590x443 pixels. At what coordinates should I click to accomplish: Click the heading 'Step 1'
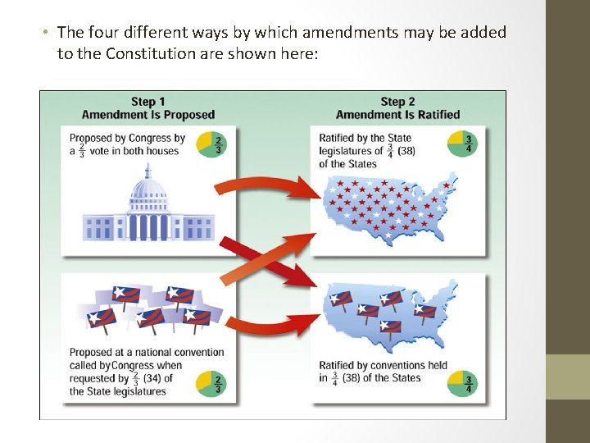coord(147,102)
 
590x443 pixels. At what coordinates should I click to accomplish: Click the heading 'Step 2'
coord(397,102)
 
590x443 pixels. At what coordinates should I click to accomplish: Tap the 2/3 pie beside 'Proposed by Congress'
coord(211,144)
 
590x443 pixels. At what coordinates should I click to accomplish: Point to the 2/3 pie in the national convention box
coord(211,384)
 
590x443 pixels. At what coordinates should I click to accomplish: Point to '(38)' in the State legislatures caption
coord(407,150)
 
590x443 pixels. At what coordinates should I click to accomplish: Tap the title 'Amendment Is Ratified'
coord(397,115)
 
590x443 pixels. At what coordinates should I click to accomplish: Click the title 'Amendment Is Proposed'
coord(147,115)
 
